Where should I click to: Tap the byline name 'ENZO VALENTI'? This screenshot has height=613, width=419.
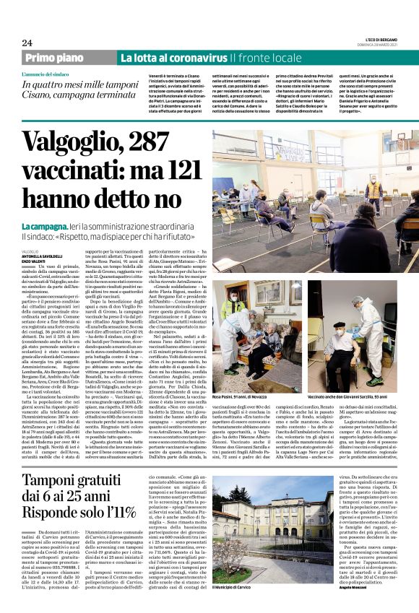(34, 261)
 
